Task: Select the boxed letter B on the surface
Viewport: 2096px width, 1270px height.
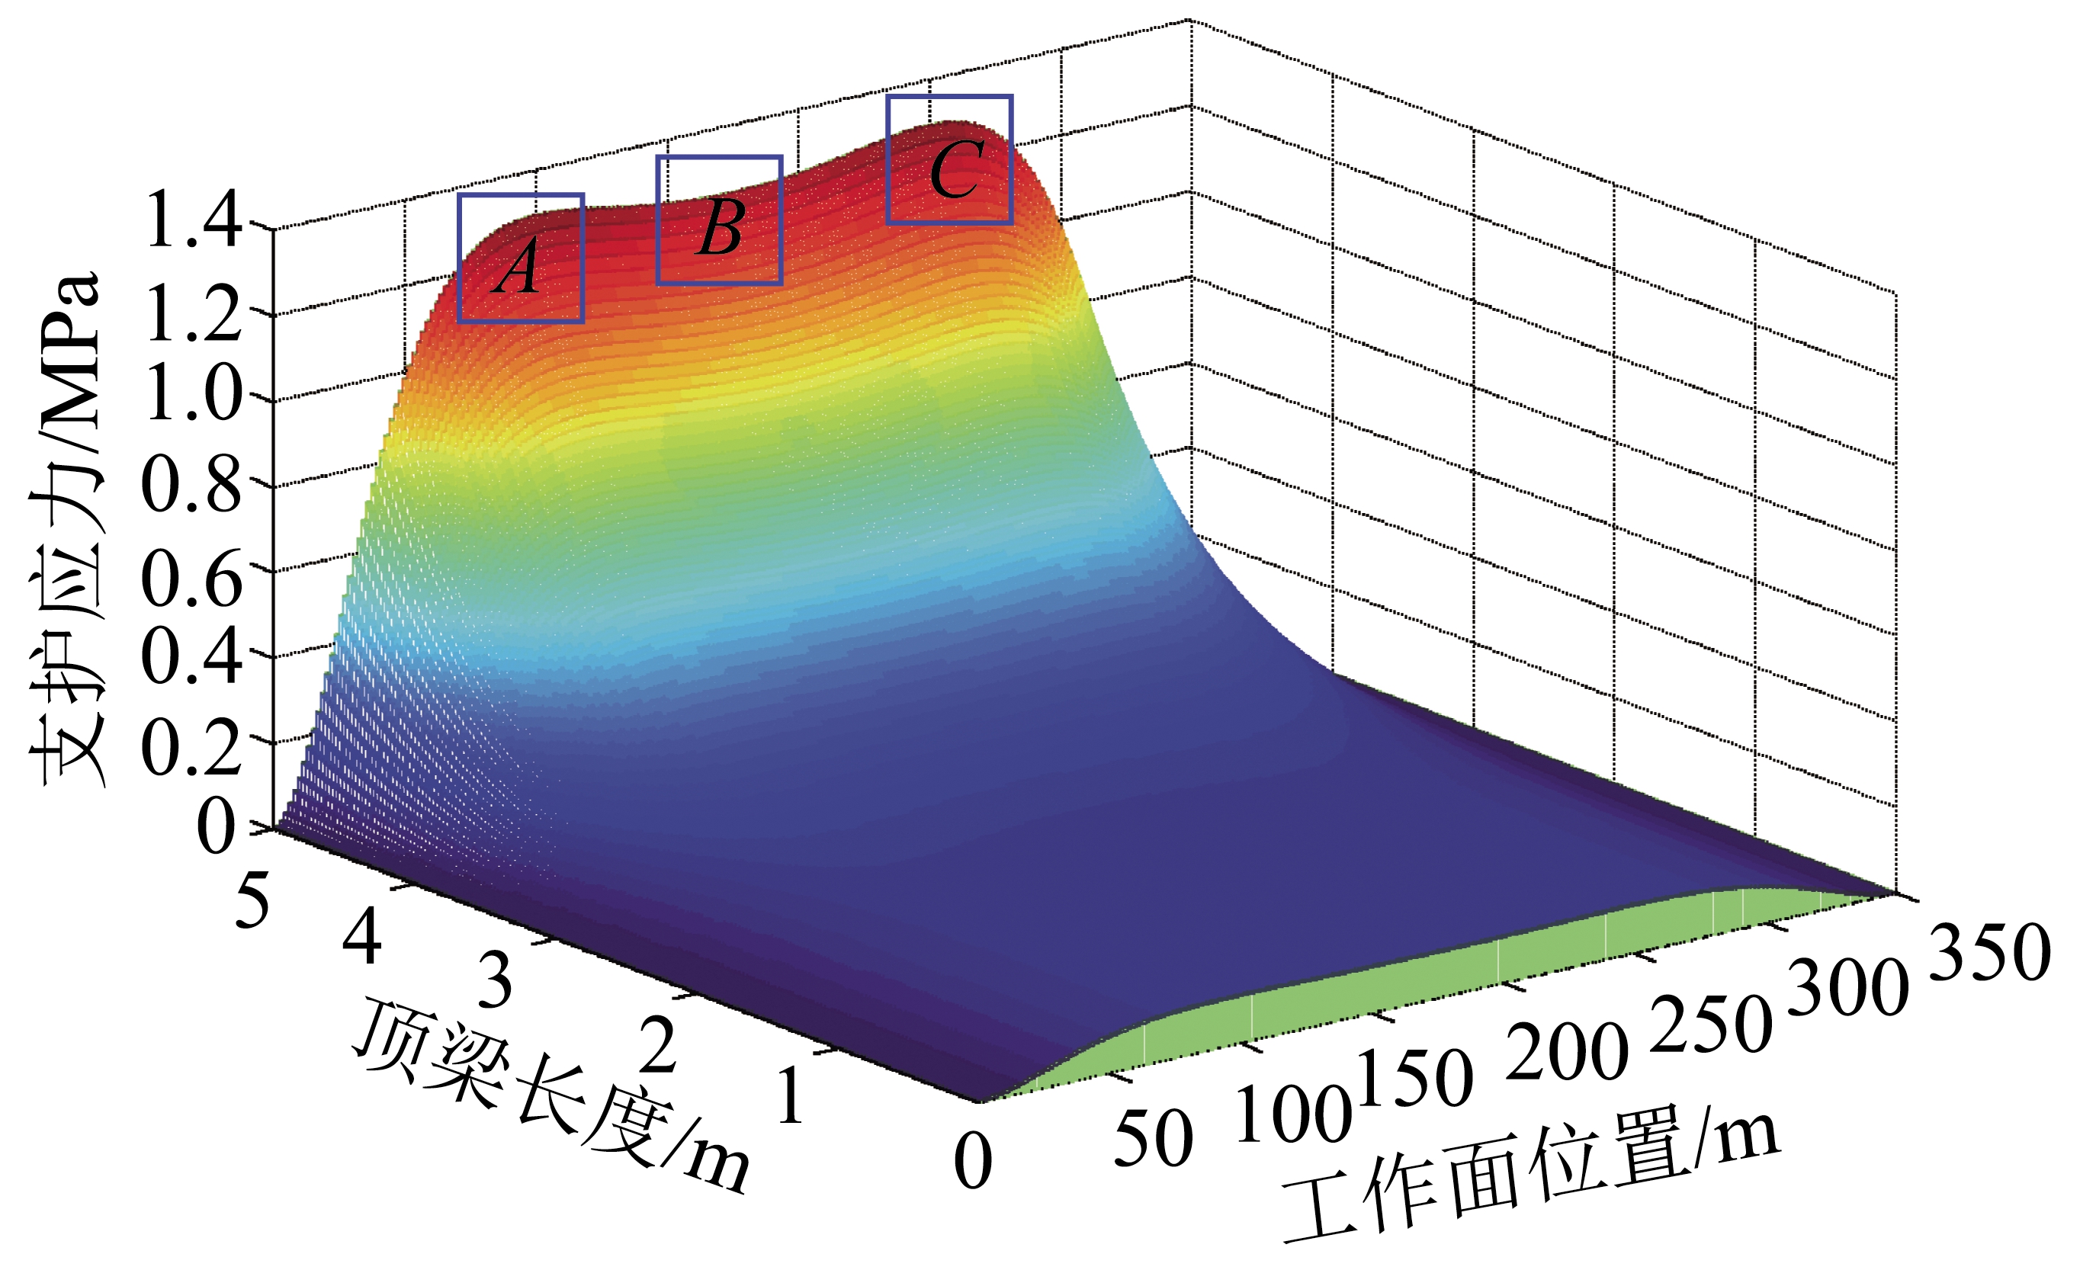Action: tap(721, 228)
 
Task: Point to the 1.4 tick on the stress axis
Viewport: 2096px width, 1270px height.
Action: tap(194, 220)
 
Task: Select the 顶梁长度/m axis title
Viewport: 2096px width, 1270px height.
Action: tap(553, 1097)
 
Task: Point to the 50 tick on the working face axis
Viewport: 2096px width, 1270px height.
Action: tap(1153, 1138)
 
